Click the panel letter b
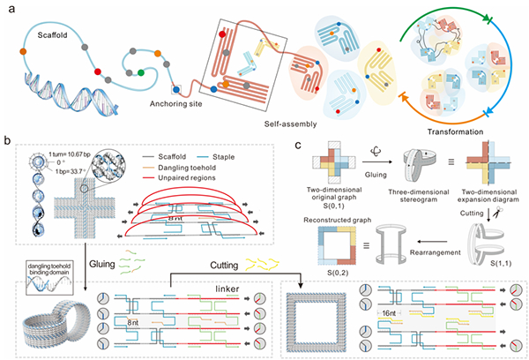(7, 139)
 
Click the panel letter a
(7, 7)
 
